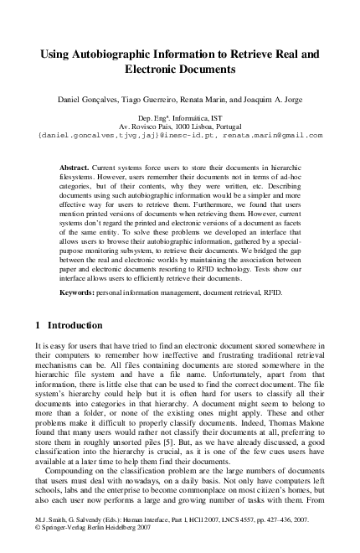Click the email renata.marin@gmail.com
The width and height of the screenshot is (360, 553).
[x=271, y=135]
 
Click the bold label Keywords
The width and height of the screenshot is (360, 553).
[x=80, y=292]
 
